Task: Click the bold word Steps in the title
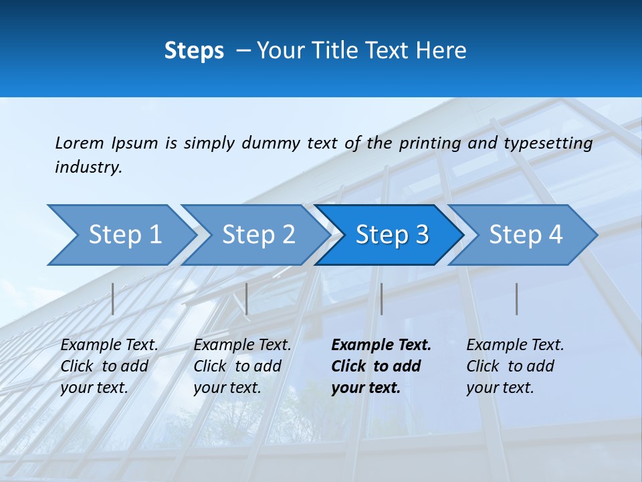coord(194,50)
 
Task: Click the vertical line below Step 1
coord(113,299)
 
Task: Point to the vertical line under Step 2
coord(247,299)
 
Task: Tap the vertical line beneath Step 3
coord(381,299)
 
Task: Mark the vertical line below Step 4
coord(516,299)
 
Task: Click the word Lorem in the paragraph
coord(79,143)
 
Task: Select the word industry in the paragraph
coord(88,167)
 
